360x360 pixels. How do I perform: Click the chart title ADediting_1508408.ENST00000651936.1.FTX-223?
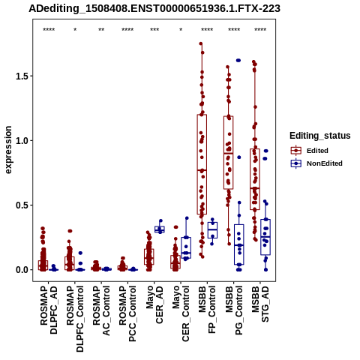pos(154,9)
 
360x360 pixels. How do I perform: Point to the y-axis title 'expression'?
pos(8,150)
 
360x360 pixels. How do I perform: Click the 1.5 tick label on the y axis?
pos(21,76)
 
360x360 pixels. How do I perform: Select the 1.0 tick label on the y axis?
pos(21,140)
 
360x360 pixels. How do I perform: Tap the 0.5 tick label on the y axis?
pos(21,205)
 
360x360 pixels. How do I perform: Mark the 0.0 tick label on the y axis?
pos(21,270)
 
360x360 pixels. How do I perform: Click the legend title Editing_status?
pos(320,136)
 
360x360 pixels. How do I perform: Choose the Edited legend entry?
pos(310,151)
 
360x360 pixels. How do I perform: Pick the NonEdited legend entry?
pos(316,163)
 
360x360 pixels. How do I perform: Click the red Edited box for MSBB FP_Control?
pos(202,164)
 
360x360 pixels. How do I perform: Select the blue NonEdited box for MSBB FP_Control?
pos(212,230)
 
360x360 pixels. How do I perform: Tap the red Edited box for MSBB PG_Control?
pos(229,152)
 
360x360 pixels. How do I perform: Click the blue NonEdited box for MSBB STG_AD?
pos(265,237)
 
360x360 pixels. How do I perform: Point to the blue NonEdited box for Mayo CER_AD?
pos(160,229)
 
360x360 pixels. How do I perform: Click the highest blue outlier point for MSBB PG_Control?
pos(238,60)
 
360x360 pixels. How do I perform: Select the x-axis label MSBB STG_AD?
pos(260,304)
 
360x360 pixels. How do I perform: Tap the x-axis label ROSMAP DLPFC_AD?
pos(49,310)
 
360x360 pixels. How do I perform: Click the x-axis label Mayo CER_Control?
pos(181,313)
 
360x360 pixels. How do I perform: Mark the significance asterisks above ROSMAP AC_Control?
pos(101,29)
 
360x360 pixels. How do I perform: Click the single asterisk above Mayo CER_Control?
pos(181,29)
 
